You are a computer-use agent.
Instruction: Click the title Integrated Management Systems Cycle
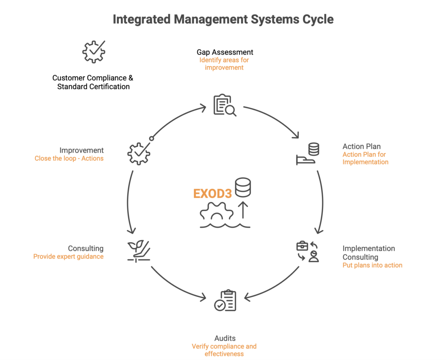(x=223, y=20)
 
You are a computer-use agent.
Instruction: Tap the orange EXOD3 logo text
(x=213, y=194)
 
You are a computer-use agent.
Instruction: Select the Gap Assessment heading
(x=225, y=52)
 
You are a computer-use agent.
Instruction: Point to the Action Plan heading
(x=362, y=146)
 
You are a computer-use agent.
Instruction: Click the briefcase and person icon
(x=307, y=252)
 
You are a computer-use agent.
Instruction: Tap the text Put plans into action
(x=372, y=265)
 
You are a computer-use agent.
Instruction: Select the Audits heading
(x=225, y=338)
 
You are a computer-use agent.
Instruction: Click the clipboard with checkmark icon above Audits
(x=225, y=301)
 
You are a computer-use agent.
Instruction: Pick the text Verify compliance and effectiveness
(x=224, y=350)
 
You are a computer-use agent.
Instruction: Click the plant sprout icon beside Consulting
(x=139, y=251)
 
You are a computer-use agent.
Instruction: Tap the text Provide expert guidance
(x=68, y=257)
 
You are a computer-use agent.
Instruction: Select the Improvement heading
(x=81, y=151)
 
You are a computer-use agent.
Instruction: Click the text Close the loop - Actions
(x=69, y=158)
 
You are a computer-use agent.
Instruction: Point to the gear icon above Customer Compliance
(x=94, y=52)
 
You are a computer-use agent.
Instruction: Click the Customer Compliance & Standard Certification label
(x=93, y=82)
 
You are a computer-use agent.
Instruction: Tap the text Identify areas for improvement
(x=224, y=64)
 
